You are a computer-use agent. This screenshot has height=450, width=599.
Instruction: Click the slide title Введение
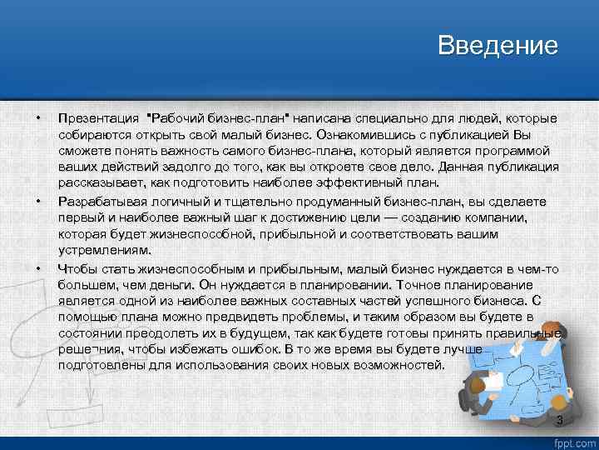pyautogui.click(x=498, y=46)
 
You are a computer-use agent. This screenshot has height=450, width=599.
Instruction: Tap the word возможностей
pyautogui.click(x=399, y=364)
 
